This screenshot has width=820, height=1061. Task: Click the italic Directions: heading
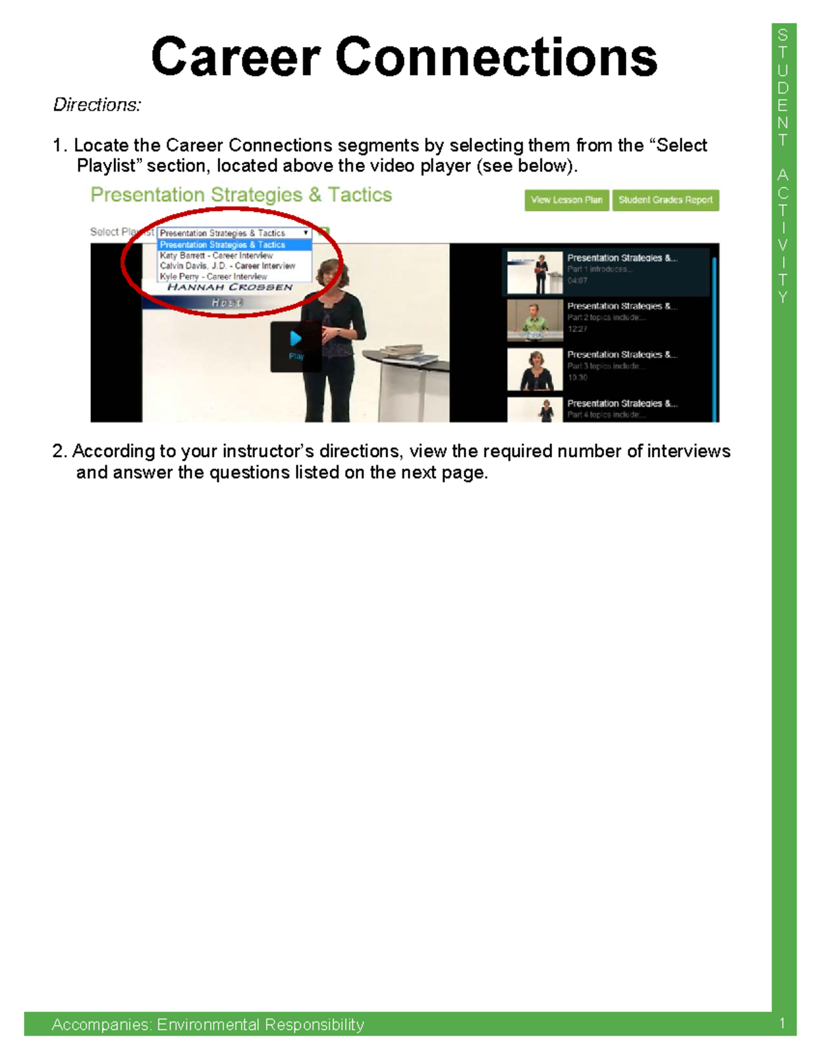point(97,105)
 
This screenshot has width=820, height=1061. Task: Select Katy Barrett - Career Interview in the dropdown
point(216,256)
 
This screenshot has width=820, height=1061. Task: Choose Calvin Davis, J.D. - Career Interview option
point(227,266)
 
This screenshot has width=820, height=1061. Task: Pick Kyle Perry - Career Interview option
point(213,277)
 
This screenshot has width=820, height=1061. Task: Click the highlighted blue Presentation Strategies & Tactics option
point(223,245)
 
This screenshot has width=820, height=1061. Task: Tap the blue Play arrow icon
point(295,339)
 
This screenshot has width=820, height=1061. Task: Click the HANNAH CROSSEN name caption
point(230,288)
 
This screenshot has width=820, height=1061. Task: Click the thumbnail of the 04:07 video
point(534,272)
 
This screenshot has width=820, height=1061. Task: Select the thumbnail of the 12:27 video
point(534,319)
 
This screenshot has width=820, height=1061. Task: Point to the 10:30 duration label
point(577,377)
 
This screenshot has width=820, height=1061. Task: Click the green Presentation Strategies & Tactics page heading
point(241,195)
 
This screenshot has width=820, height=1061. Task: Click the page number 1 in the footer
point(782,1023)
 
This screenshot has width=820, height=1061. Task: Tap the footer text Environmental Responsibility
point(260,1025)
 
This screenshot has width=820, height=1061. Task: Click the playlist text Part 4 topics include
point(605,415)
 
